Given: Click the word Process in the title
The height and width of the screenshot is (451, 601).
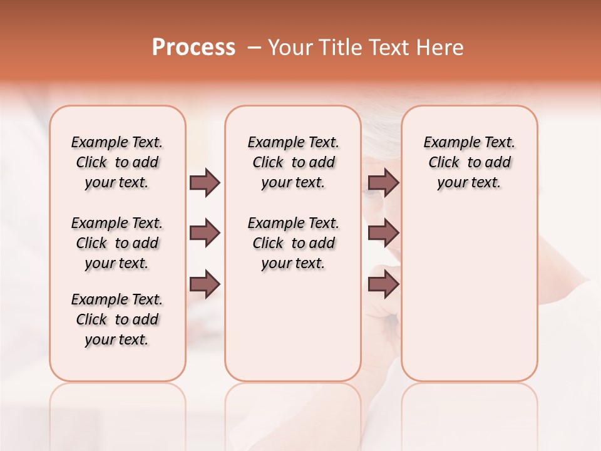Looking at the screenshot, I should tap(193, 48).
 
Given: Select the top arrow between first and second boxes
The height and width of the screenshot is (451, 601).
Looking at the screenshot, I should tap(205, 182).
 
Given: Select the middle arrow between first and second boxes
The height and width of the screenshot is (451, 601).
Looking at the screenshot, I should tap(205, 234).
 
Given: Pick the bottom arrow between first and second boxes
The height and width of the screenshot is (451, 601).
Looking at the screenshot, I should tap(205, 284).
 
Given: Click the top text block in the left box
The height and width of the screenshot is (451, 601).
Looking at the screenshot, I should tap(117, 162).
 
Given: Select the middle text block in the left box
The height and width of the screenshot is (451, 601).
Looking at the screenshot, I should tap(117, 243).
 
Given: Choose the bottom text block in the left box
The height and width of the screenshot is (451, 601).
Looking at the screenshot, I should tap(117, 319).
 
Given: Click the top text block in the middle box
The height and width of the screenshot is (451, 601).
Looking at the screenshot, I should tap(293, 162).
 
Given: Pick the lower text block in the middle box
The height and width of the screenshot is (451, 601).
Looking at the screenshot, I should tap(293, 243).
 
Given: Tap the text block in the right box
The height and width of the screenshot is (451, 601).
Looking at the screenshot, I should tap(469, 162).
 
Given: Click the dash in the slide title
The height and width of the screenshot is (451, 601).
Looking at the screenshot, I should tap(254, 48).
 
